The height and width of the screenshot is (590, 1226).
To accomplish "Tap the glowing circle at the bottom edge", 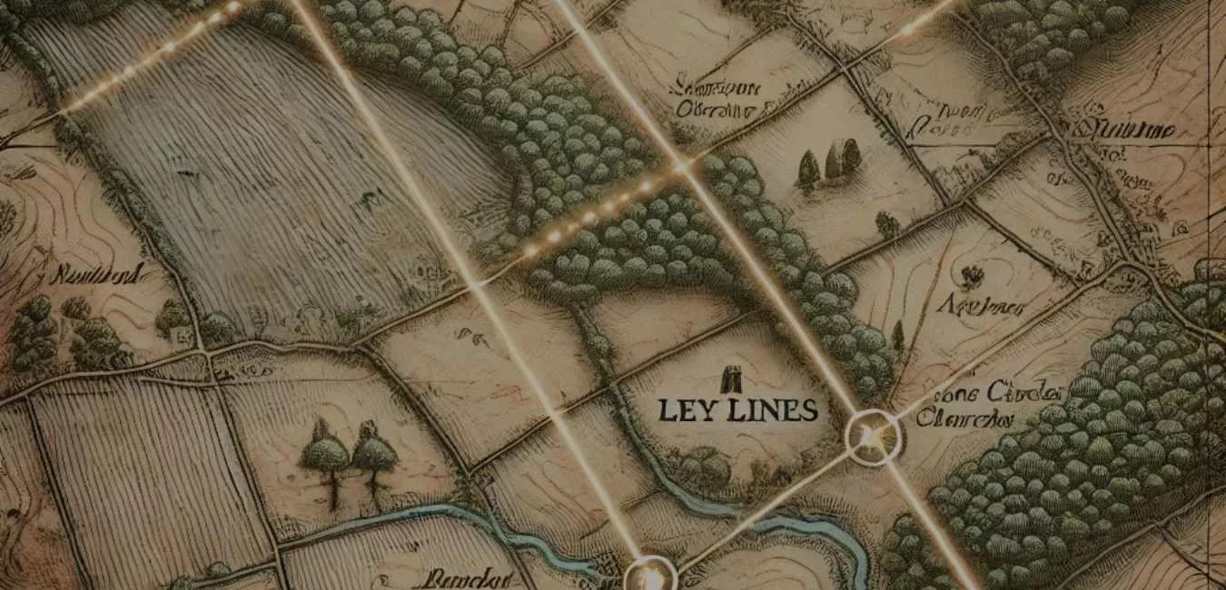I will [651, 575].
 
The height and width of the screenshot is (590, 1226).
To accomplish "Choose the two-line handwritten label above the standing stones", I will [717, 98].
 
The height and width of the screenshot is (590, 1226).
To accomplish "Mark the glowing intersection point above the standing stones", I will [680, 167].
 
